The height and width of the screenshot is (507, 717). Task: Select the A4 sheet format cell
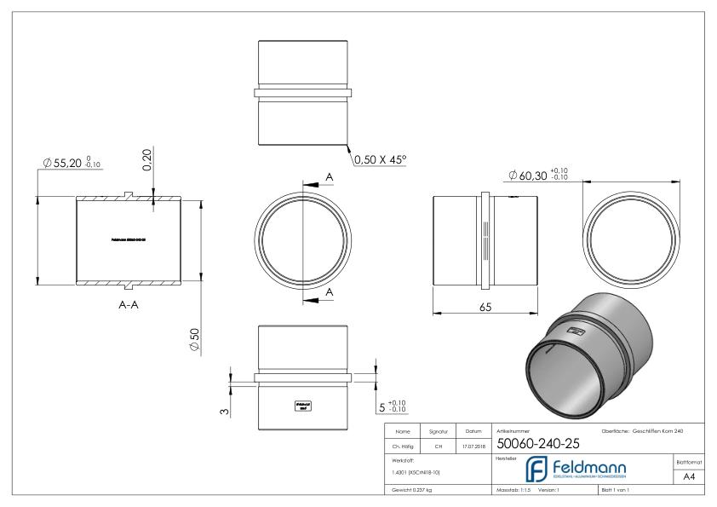tap(689, 478)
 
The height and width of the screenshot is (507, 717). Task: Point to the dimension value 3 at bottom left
tap(222, 411)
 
